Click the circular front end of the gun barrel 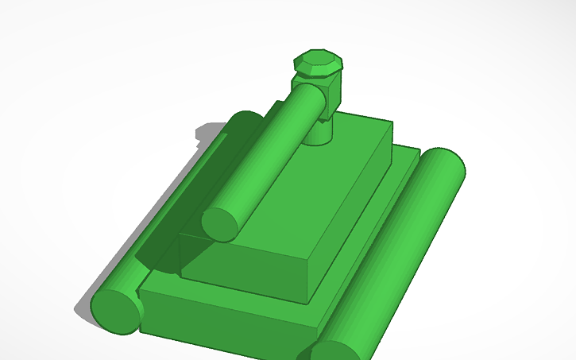(x=221, y=224)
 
